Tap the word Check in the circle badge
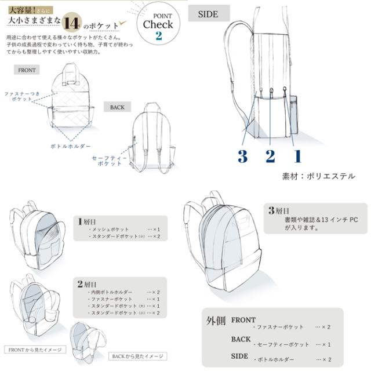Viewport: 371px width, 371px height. pos(158,24)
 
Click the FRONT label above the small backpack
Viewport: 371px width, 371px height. pos(27,70)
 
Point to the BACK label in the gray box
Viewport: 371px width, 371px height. pos(116,107)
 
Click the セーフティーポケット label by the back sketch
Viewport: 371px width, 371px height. pos(107,161)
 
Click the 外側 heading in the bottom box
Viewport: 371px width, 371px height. pos(216,321)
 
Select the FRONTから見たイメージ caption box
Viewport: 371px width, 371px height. pos(35,350)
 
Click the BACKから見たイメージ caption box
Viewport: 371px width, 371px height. pos(138,356)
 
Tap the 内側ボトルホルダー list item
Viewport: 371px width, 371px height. pos(111,292)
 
